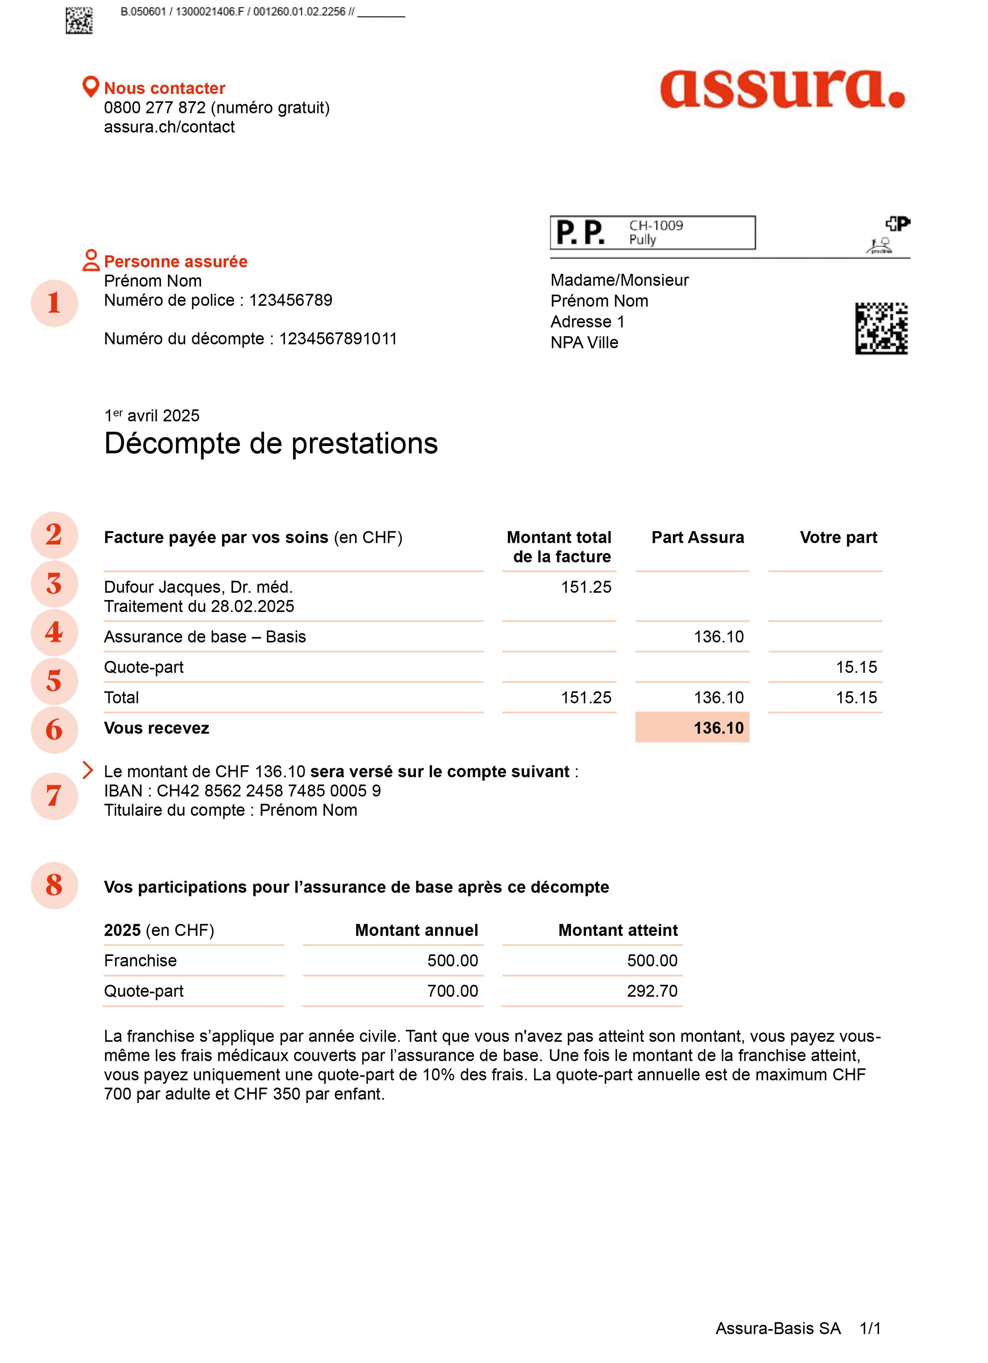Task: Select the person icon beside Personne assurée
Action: pos(91,260)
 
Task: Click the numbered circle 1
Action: pos(54,303)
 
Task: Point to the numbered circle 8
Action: pos(54,885)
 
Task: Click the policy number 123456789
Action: pos(290,300)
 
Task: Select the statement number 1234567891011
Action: pos(338,339)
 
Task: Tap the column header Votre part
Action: pos(838,537)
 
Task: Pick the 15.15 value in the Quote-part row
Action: pos(856,667)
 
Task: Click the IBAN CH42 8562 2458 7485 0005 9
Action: pos(269,791)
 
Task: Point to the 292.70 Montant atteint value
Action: pos(651,991)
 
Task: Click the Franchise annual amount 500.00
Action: pos(452,961)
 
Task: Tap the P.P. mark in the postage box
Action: pos(580,233)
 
